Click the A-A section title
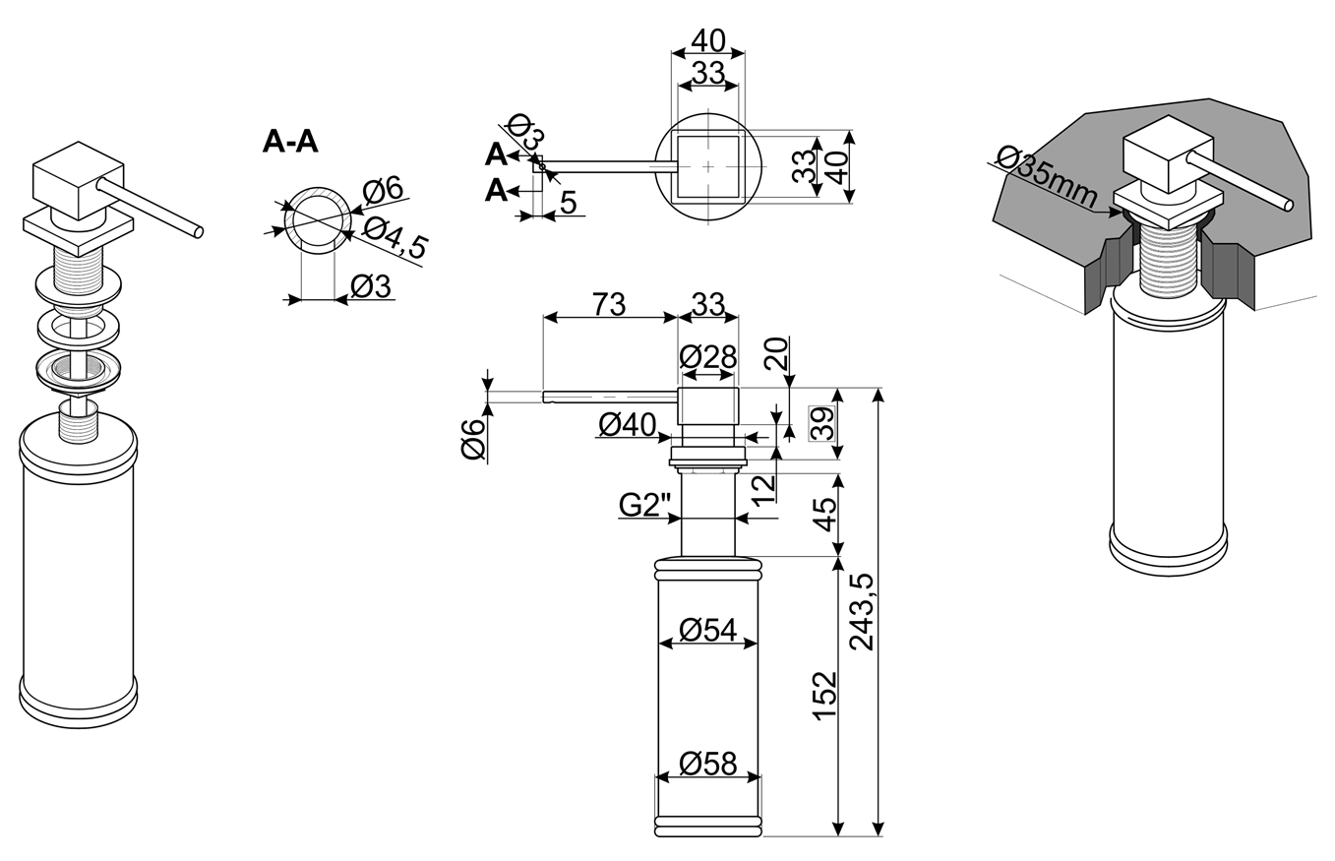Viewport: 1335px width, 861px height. click(290, 142)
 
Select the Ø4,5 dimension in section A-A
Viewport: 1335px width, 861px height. click(394, 238)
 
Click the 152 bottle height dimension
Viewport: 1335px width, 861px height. click(825, 697)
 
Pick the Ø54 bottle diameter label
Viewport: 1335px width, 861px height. click(708, 630)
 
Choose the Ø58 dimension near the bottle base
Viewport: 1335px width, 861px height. click(708, 764)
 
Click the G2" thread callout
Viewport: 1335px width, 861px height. click(645, 506)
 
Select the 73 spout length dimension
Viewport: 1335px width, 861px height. click(609, 304)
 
